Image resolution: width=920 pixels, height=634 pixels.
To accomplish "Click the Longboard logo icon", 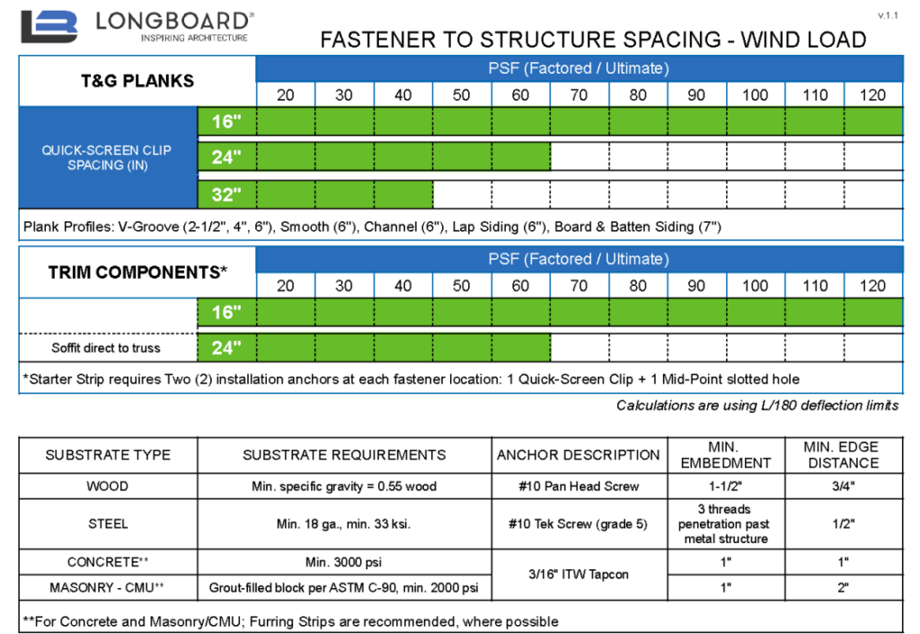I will (x=50, y=27).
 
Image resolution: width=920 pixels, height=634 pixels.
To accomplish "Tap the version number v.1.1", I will (x=889, y=16).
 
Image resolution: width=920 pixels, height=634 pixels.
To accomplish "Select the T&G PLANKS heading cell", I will (x=137, y=81).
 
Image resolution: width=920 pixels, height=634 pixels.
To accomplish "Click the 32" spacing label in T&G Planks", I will (x=227, y=194).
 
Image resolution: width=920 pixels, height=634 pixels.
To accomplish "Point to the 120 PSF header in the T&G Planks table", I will (x=872, y=95).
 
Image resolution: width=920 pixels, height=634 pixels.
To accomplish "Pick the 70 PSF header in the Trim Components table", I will (x=579, y=286).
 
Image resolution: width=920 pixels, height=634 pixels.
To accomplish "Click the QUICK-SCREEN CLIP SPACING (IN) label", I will (x=107, y=157).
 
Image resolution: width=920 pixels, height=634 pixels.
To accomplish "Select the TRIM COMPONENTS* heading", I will (x=137, y=272).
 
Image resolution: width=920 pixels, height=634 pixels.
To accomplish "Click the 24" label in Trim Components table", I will (x=227, y=347).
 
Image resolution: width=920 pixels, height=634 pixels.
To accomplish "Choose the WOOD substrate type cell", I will (x=108, y=487).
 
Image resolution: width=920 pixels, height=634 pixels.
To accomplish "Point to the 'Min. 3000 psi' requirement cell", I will (x=344, y=562).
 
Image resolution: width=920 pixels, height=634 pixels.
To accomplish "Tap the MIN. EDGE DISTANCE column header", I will (x=842, y=455).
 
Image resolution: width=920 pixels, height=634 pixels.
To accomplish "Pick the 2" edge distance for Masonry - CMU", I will (x=842, y=588).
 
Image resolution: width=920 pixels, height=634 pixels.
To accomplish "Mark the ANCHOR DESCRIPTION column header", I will (x=579, y=455).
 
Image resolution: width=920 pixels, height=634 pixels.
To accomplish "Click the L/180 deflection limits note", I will (x=757, y=406).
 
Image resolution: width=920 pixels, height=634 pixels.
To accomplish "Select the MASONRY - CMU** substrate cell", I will (x=108, y=588).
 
